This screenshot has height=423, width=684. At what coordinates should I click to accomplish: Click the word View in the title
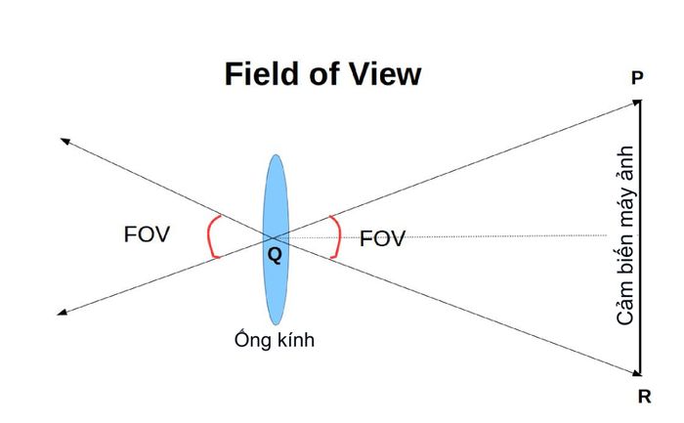pyautogui.click(x=385, y=73)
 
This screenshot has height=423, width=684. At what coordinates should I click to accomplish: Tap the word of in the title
pyautogui.click(x=324, y=73)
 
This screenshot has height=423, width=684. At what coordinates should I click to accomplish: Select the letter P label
pyautogui.click(x=637, y=78)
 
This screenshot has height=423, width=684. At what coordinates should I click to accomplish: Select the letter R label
pyautogui.click(x=644, y=397)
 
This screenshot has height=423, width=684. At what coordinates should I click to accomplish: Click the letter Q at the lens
pyautogui.click(x=275, y=255)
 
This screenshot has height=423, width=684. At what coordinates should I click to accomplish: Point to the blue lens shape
pyautogui.click(x=276, y=240)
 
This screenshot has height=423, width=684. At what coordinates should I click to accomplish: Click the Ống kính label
pyautogui.click(x=275, y=339)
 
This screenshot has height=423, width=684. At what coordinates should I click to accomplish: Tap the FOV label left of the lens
pyautogui.click(x=147, y=234)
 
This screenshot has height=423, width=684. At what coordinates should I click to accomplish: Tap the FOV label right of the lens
pyautogui.click(x=382, y=239)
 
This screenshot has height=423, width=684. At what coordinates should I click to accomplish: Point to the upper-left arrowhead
pyautogui.click(x=65, y=141)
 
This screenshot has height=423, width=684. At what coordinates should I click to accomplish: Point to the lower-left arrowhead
pyautogui.click(x=63, y=312)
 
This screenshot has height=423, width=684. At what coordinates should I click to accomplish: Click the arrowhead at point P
pyautogui.click(x=637, y=103)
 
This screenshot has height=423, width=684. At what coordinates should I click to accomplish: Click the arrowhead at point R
pyautogui.click(x=637, y=373)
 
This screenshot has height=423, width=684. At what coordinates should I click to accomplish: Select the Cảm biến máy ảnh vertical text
pyautogui.click(x=625, y=235)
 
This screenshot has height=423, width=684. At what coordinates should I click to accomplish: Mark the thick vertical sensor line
pyautogui.click(x=640, y=237)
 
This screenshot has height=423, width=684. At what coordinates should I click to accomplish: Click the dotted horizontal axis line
pyautogui.click(x=441, y=236)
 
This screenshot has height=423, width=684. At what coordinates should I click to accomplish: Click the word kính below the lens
pyautogui.click(x=297, y=339)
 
